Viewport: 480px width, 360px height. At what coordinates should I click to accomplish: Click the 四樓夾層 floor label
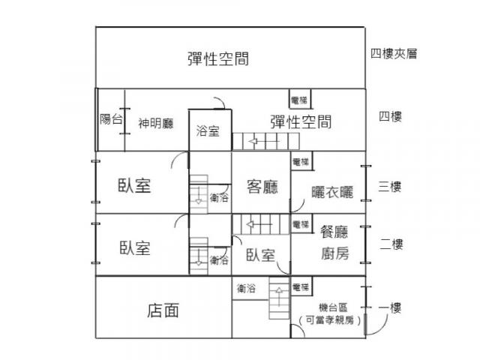393,54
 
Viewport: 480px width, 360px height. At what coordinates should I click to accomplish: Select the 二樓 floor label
391,244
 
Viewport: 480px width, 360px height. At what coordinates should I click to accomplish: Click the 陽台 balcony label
111,119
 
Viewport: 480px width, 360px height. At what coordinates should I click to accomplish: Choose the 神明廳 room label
156,123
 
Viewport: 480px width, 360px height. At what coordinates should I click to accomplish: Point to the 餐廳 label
334,232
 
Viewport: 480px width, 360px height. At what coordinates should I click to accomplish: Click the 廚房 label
334,253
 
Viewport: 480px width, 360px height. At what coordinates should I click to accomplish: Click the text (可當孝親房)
331,321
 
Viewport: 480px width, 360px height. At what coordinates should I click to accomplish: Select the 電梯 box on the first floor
301,287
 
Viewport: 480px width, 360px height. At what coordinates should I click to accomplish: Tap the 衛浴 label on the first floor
246,288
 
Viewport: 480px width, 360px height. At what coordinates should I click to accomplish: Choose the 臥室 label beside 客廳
134,186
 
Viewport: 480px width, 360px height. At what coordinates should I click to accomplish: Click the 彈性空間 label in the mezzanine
218,59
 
